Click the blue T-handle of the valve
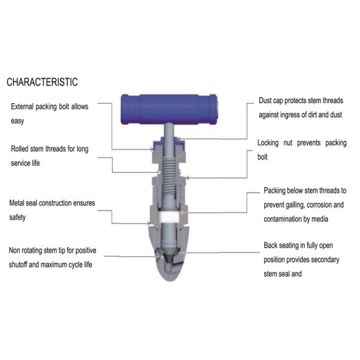coord(169,109)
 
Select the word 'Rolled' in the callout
coord(22,149)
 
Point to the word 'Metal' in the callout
coord(19,203)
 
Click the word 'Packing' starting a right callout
coord(277,191)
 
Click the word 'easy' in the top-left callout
coord(18,121)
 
